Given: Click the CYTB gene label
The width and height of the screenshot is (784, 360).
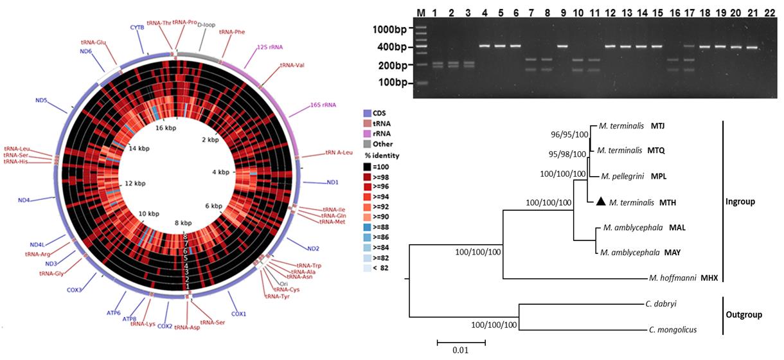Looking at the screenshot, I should tap(137, 27).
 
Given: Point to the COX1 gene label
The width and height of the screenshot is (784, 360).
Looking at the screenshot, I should tap(238, 313).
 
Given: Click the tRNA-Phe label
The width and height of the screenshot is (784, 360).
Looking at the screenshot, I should tap(232, 31).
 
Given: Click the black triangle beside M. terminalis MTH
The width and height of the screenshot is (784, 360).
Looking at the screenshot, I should tap(600, 202).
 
